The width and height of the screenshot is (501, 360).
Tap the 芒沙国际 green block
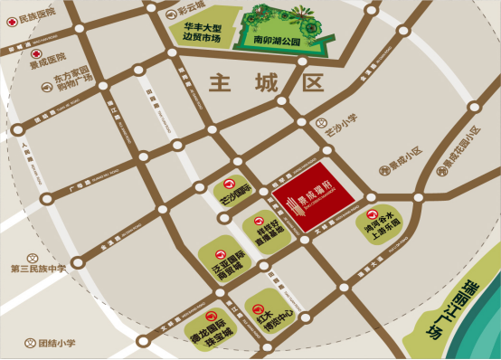coord(229,188)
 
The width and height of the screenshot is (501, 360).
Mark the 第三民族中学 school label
coord(39,269)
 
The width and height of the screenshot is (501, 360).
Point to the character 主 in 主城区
coord(223,84)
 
